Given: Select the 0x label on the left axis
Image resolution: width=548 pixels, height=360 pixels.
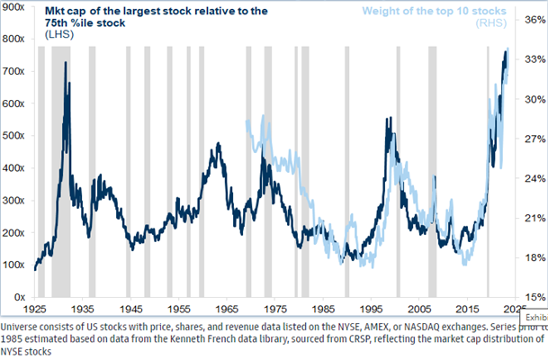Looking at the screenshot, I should click(x=19, y=296).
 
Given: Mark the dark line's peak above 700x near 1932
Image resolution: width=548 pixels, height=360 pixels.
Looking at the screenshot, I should click(x=66, y=63).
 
